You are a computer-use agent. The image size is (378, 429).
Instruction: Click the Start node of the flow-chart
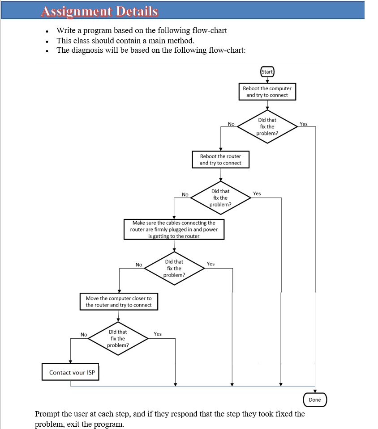pyautogui.click(x=267, y=72)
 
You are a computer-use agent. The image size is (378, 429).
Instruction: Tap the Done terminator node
pyautogui.click(x=315, y=400)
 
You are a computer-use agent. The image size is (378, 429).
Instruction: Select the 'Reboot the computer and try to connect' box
pyautogui.click(x=267, y=92)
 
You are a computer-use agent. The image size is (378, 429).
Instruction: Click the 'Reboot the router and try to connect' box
pyautogui.click(x=220, y=160)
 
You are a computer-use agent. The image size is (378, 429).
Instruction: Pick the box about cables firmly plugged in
pyautogui.click(x=174, y=229)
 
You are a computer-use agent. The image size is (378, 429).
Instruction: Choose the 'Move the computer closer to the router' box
pyautogui.click(x=119, y=302)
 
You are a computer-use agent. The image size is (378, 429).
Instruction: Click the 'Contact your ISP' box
pyautogui.click(x=70, y=372)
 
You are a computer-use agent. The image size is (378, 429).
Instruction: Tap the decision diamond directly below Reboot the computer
pyautogui.click(x=267, y=126)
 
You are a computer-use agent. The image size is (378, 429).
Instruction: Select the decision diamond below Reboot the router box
pyautogui.click(x=220, y=198)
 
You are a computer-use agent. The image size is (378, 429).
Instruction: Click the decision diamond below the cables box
pyautogui.click(x=174, y=268)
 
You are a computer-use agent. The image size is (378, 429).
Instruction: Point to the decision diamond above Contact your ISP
pyautogui.click(x=118, y=339)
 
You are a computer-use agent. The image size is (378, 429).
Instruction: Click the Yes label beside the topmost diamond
pyautogui.click(x=304, y=124)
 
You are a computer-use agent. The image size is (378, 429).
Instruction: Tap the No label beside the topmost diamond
pyautogui.click(x=231, y=124)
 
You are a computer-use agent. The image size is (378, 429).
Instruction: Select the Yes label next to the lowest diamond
pyautogui.click(x=158, y=334)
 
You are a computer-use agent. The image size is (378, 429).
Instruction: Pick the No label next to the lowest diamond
pyautogui.click(x=84, y=334)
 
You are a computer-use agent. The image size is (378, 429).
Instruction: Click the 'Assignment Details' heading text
pyautogui.click(x=99, y=11)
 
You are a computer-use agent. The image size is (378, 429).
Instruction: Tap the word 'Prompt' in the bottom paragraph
pyautogui.click(x=47, y=414)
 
